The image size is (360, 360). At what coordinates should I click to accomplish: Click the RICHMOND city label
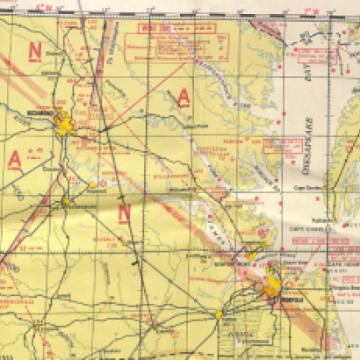click(43, 114)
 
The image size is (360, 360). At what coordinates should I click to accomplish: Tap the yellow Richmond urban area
click(65, 123)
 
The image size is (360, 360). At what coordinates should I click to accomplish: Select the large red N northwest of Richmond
click(35, 51)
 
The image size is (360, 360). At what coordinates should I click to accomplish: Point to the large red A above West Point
click(184, 97)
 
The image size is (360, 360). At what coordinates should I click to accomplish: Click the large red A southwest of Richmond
click(11, 157)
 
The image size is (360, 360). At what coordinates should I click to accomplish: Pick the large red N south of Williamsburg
click(124, 212)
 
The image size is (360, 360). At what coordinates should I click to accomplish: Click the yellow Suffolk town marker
click(218, 313)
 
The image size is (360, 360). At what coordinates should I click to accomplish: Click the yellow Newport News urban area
click(250, 256)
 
